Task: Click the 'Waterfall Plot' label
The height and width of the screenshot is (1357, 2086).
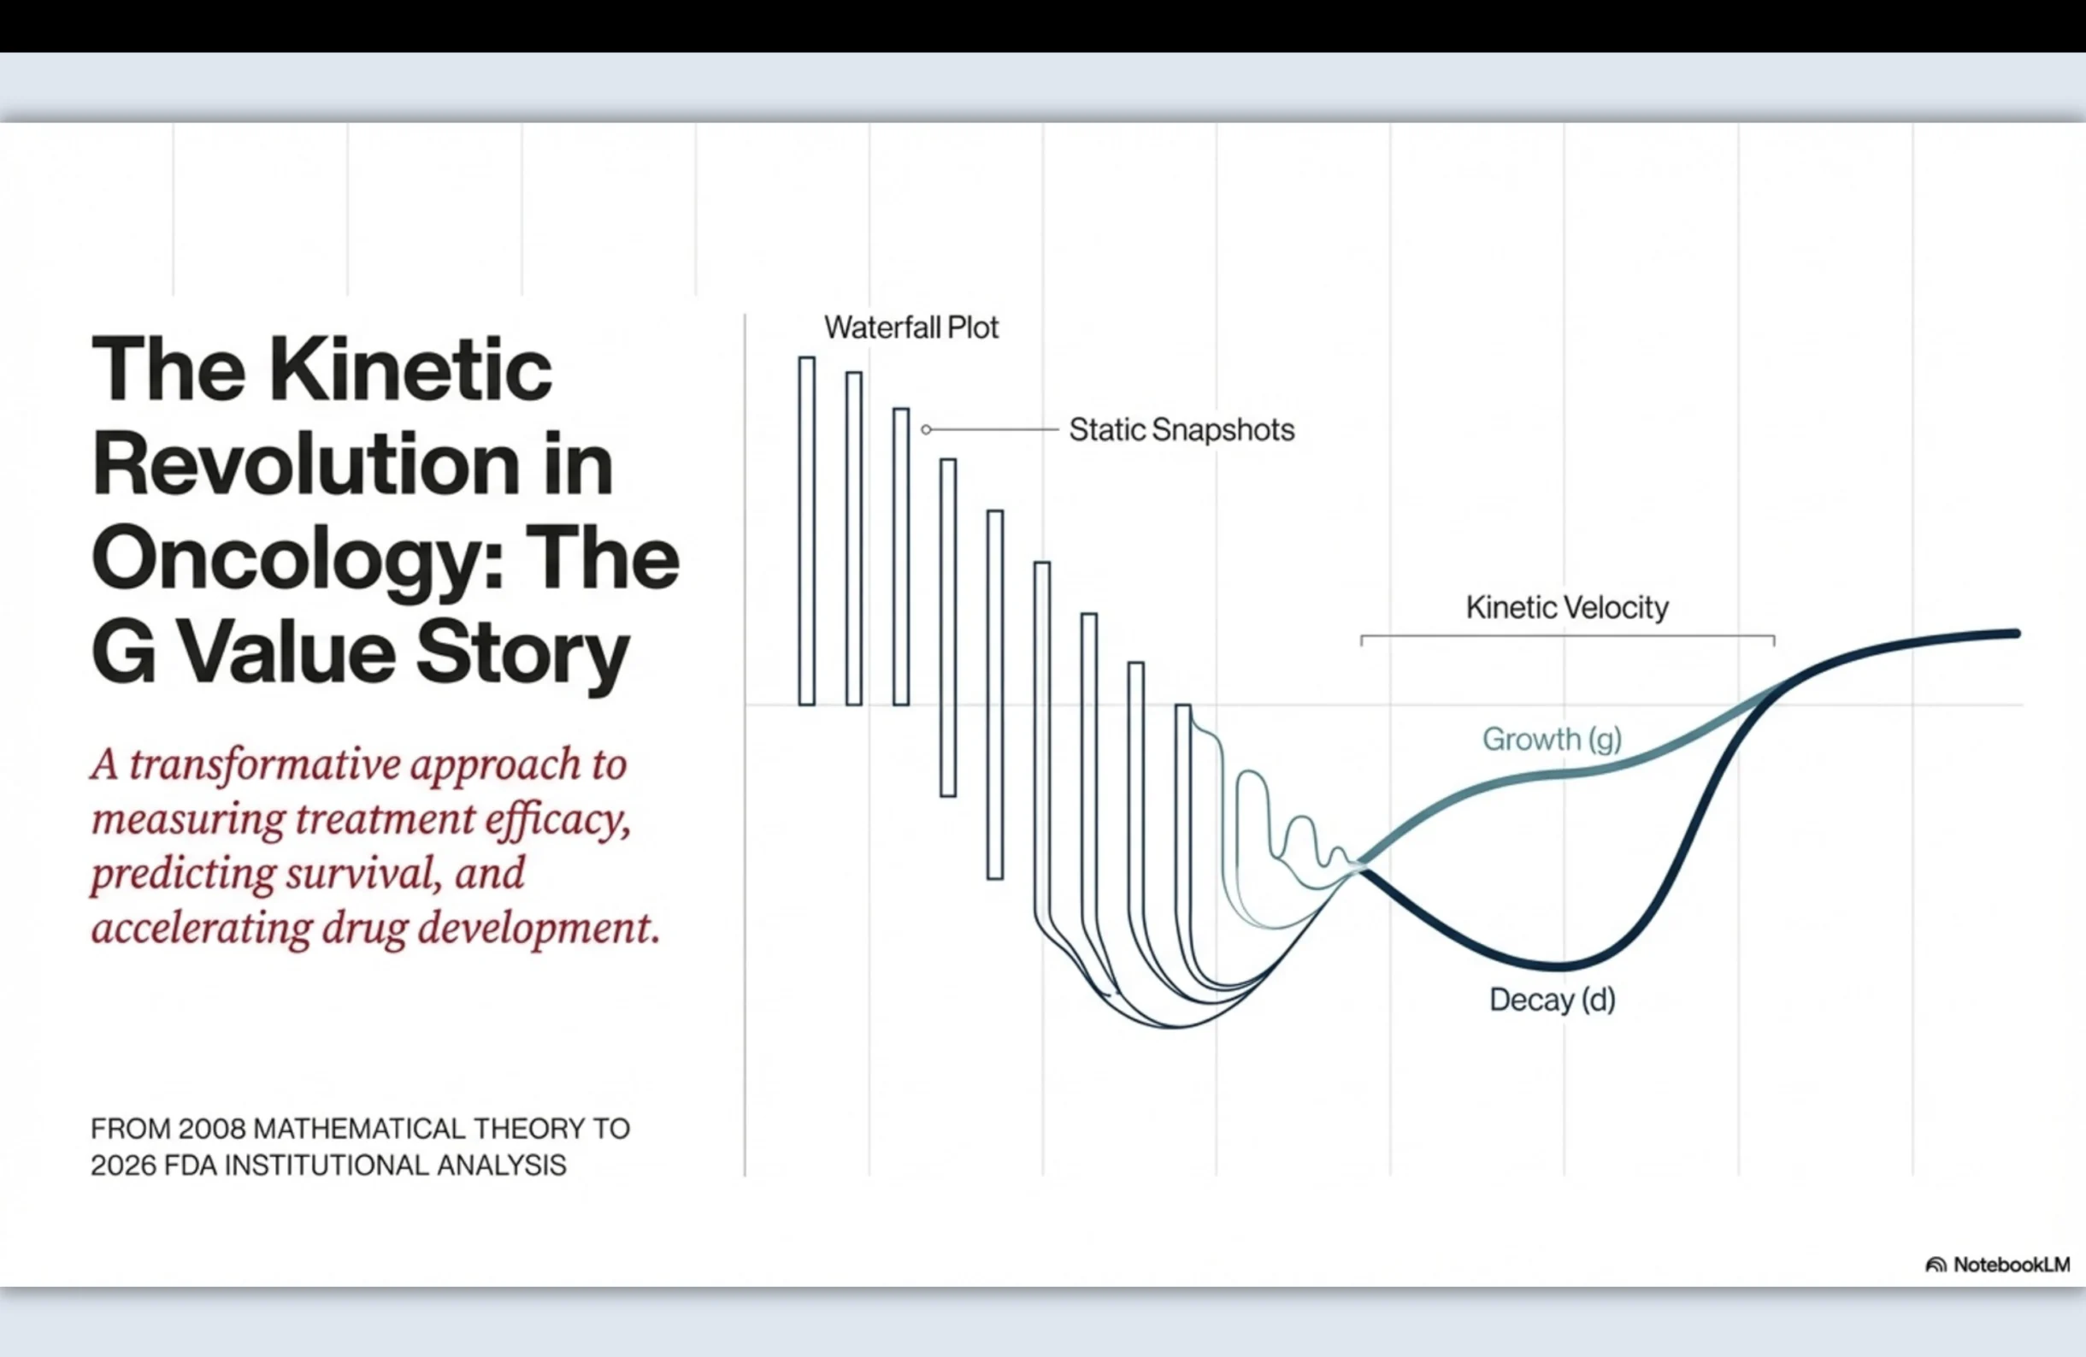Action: (x=910, y=327)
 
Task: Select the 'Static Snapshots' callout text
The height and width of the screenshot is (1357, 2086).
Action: (x=1181, y=430)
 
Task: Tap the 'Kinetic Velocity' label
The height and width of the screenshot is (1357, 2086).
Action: (x=1567, y=607)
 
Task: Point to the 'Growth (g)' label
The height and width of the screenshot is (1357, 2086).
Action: (x=1553, y=739)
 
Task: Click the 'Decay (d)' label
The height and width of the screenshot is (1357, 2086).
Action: (x=1553, y=1000)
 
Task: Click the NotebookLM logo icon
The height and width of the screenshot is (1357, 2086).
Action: (x=1936, y=1264)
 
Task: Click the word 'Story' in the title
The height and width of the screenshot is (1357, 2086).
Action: (x=522, y=656)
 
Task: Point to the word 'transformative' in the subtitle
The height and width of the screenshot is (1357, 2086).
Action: (x=267, y=764)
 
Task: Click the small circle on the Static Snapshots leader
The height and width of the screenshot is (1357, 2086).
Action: (x=926, y=429)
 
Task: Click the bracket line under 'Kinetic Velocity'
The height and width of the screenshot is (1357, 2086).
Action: (x=1567, y=635)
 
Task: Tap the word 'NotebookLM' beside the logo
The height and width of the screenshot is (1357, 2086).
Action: (x=2012, y=1264)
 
